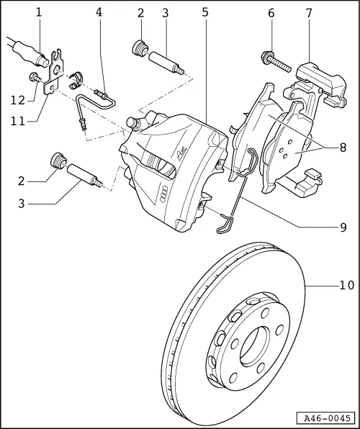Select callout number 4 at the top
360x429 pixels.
click(x=99, y=12)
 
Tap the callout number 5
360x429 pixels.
click(x=205, y=12)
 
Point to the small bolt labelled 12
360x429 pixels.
click(x=33, y=77)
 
